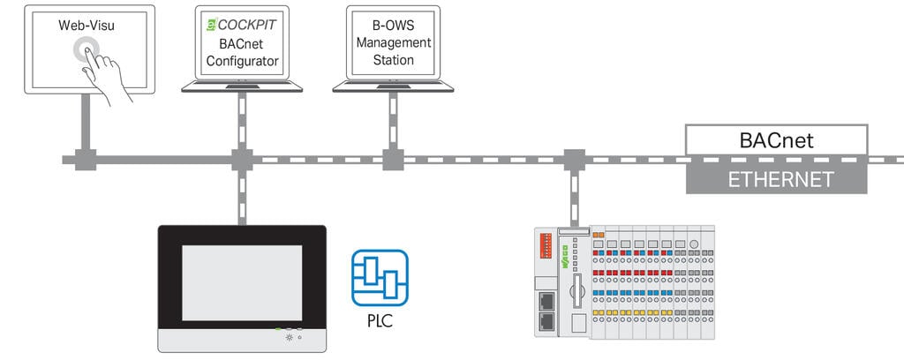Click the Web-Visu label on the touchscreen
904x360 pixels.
[x=87, y=26]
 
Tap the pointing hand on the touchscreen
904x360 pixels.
[x=104, y=75]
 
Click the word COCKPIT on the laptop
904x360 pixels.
[x=247, y=25]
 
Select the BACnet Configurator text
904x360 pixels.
[x=243, y=52]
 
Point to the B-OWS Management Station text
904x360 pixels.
[x=393, y=42]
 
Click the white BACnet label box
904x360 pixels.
[x=776, y=140]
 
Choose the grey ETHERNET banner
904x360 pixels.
[x=776, y=178]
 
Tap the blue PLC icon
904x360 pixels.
[x=380, y=278]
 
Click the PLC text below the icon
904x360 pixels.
[x=380, y=319]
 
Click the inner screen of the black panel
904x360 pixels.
[x=242, y=283]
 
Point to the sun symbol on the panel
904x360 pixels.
[x=289, y=337]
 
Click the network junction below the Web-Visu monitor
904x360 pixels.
[x=86, y=160]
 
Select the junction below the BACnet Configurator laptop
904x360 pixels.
[x=242, y=160]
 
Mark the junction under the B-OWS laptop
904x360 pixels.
[x=393, y=160]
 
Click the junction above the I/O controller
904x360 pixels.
[x=574, y=160]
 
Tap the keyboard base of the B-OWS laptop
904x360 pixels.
[x=393, y=87]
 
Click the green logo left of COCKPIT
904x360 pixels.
[x=211, y=25]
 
